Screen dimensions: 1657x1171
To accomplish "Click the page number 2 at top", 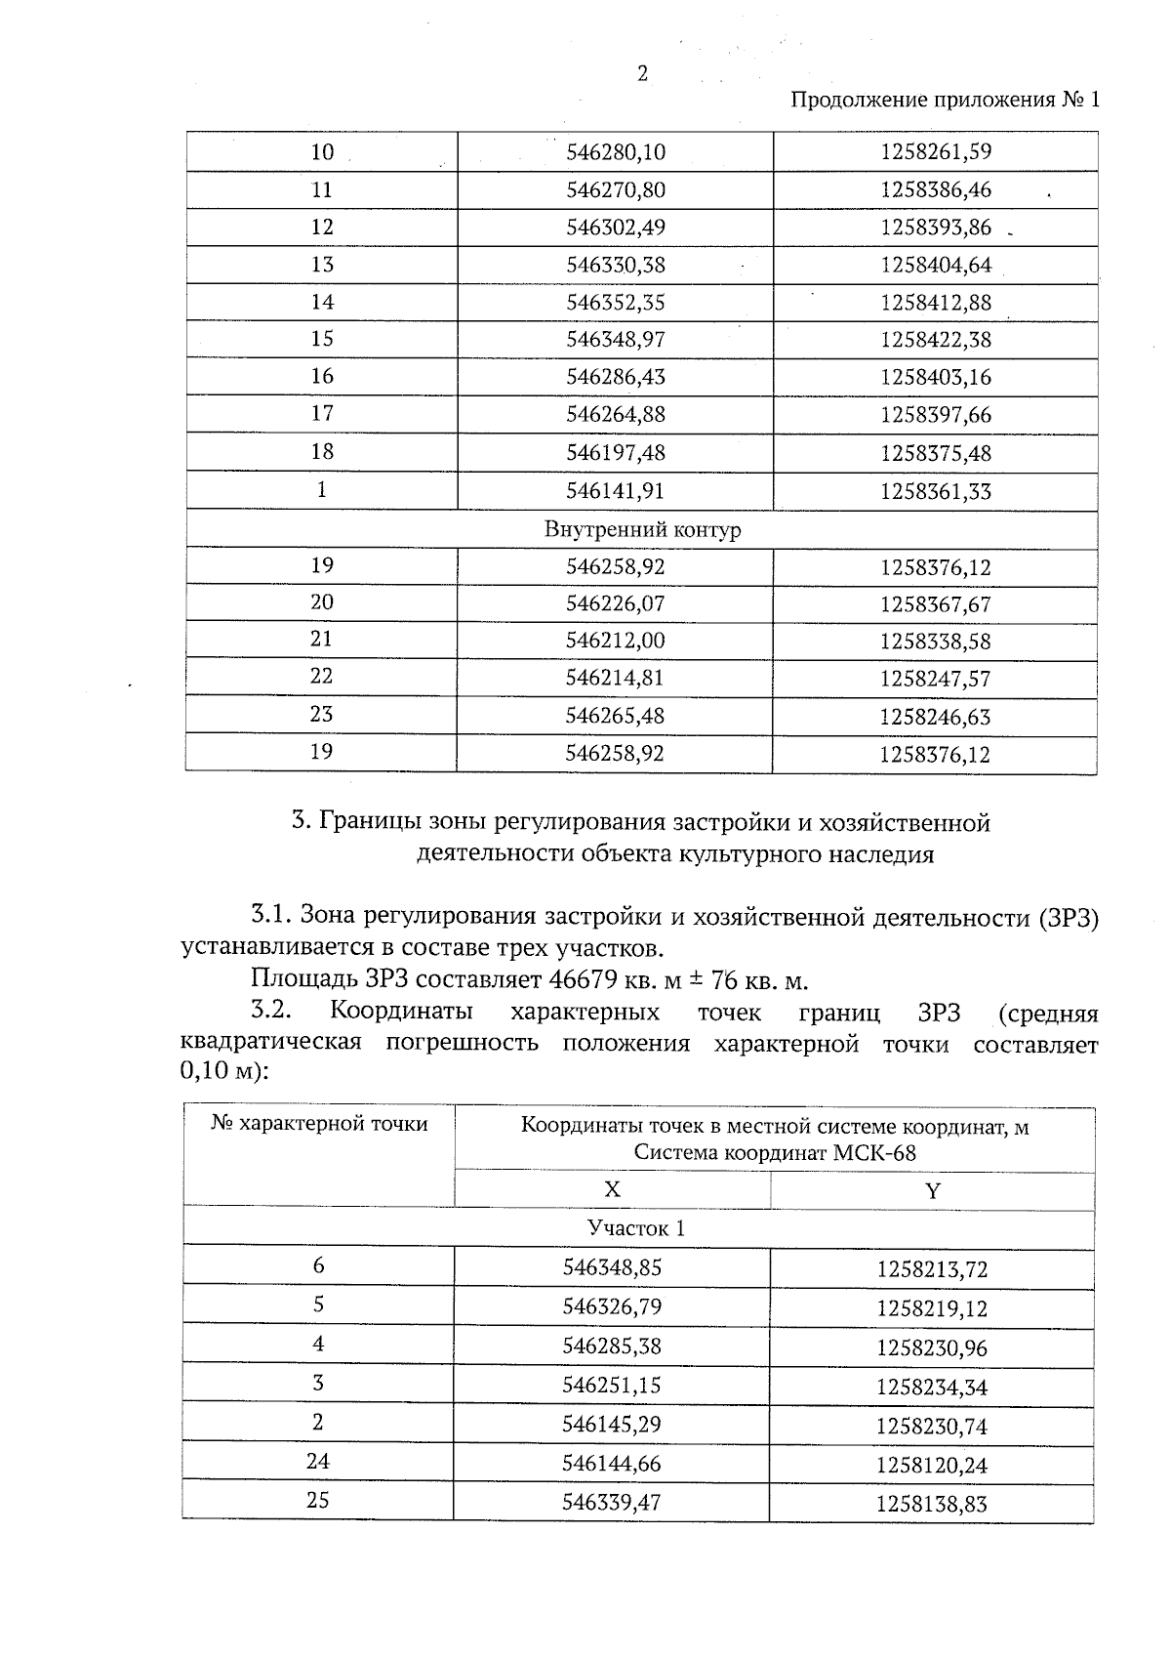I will coord(642,73).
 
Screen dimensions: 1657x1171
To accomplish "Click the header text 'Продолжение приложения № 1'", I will coord(944,100).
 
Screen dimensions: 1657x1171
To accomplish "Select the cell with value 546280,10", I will coord(616,152).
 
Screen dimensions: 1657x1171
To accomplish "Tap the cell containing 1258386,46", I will coord(935,189).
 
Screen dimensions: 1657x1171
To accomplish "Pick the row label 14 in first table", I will coord(322,302).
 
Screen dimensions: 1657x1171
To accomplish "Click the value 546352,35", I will coord(616,303).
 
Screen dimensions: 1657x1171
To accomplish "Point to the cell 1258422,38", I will coord(935,340).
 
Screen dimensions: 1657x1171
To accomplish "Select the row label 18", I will coord(322,451).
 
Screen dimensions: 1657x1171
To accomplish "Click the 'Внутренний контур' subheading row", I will coord(642,530).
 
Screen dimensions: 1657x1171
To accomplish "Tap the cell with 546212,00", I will coord(616,641).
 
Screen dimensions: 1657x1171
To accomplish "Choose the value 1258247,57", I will coord(935,679).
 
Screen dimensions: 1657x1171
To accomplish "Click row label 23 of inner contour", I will coord(322,715).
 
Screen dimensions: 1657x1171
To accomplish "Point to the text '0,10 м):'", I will coord(223,1071).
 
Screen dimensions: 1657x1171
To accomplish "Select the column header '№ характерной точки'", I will coord(319,1124).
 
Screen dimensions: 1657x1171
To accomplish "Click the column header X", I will coord(612,1189).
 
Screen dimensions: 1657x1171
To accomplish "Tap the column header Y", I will coord(932,1190).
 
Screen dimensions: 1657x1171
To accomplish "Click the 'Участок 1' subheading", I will coord(635,1228).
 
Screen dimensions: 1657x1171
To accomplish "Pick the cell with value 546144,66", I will coord(611,1464).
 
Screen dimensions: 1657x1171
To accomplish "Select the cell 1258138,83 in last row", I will coord(932,1505).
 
